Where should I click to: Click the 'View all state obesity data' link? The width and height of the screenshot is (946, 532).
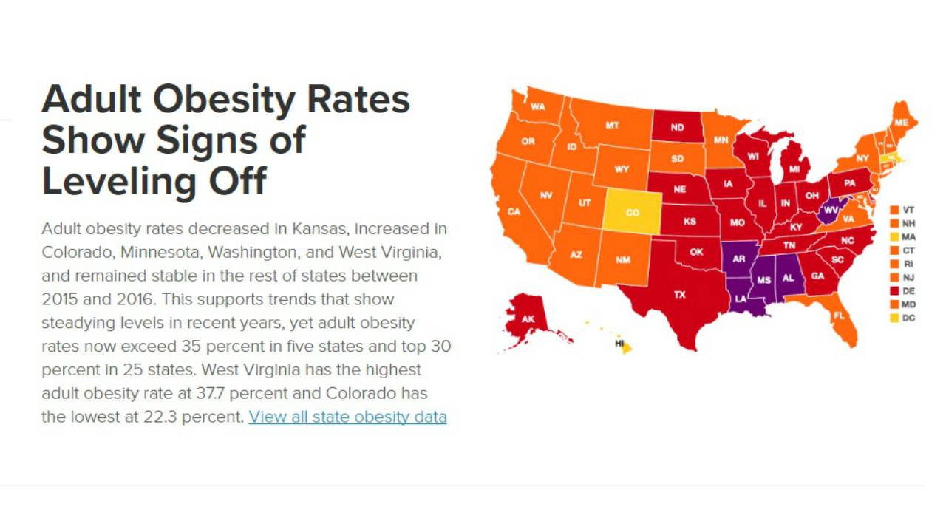coord(347,417)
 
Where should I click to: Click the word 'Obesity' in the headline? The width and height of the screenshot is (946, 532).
coord(225,100)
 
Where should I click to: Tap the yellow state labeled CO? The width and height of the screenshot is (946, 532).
coord(632,213)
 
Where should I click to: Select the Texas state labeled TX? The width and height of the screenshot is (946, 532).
coord(679,295)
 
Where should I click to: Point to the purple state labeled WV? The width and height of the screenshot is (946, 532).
coord(831,210)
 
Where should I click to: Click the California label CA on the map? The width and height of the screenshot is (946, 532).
coord(514,212)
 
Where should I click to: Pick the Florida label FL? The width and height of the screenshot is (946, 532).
coord(839,316)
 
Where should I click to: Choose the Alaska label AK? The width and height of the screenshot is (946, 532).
coord(528,319)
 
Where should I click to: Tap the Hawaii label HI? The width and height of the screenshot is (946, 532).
coord(620,344)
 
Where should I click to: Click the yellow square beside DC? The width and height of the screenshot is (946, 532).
coord(894,318)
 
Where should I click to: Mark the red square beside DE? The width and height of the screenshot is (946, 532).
coord(894,291)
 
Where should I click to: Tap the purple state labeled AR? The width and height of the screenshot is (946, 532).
coord(738,259)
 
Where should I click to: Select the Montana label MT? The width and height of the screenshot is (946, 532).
coord(612,126)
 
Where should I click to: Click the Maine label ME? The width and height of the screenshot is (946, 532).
coord(901,122)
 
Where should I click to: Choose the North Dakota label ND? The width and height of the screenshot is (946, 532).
coord(677,127)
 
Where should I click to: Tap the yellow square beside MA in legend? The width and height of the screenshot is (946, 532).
coord(894,237)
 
